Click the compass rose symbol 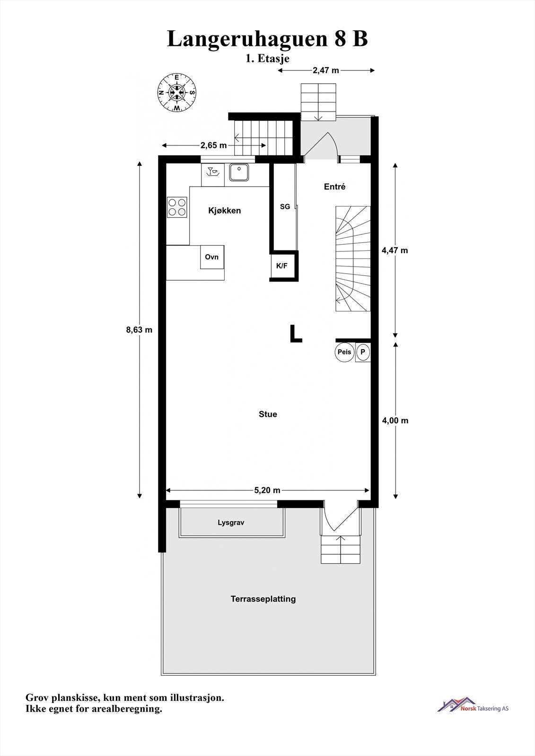(176, 93)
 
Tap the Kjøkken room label (225, 211)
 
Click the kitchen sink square (240, 172)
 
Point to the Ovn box (212, 257)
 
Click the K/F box (282, 266)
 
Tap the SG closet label (285, 206)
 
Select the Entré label (334, 187)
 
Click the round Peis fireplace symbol (344, 352)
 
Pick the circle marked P (363, 352)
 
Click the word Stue (268, 414)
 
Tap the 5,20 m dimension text (267, 490)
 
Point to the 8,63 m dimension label (139, 330)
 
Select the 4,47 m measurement (395, 250)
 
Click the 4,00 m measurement (395, 421)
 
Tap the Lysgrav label (231, 523)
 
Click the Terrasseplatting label (263, 599)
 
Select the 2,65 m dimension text (213, 145)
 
